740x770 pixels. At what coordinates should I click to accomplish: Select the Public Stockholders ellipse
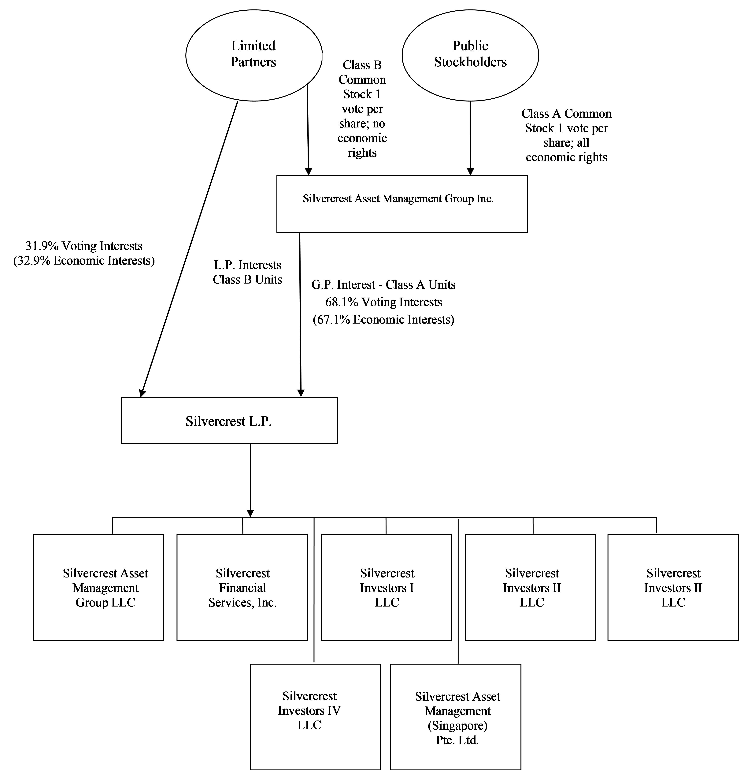click(x=470, y=55)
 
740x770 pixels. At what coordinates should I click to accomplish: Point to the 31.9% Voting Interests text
click(x=84, y=246)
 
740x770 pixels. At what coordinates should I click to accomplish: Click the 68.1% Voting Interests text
click(x=383, y=302)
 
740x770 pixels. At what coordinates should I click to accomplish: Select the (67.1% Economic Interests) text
click(x=383, y=319)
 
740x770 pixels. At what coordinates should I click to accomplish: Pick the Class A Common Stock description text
click(x=566, y=135)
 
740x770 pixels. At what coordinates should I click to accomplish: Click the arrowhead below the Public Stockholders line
click(x=470, y=172)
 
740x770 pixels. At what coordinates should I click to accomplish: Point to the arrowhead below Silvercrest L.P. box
click(x=250, y=513)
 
